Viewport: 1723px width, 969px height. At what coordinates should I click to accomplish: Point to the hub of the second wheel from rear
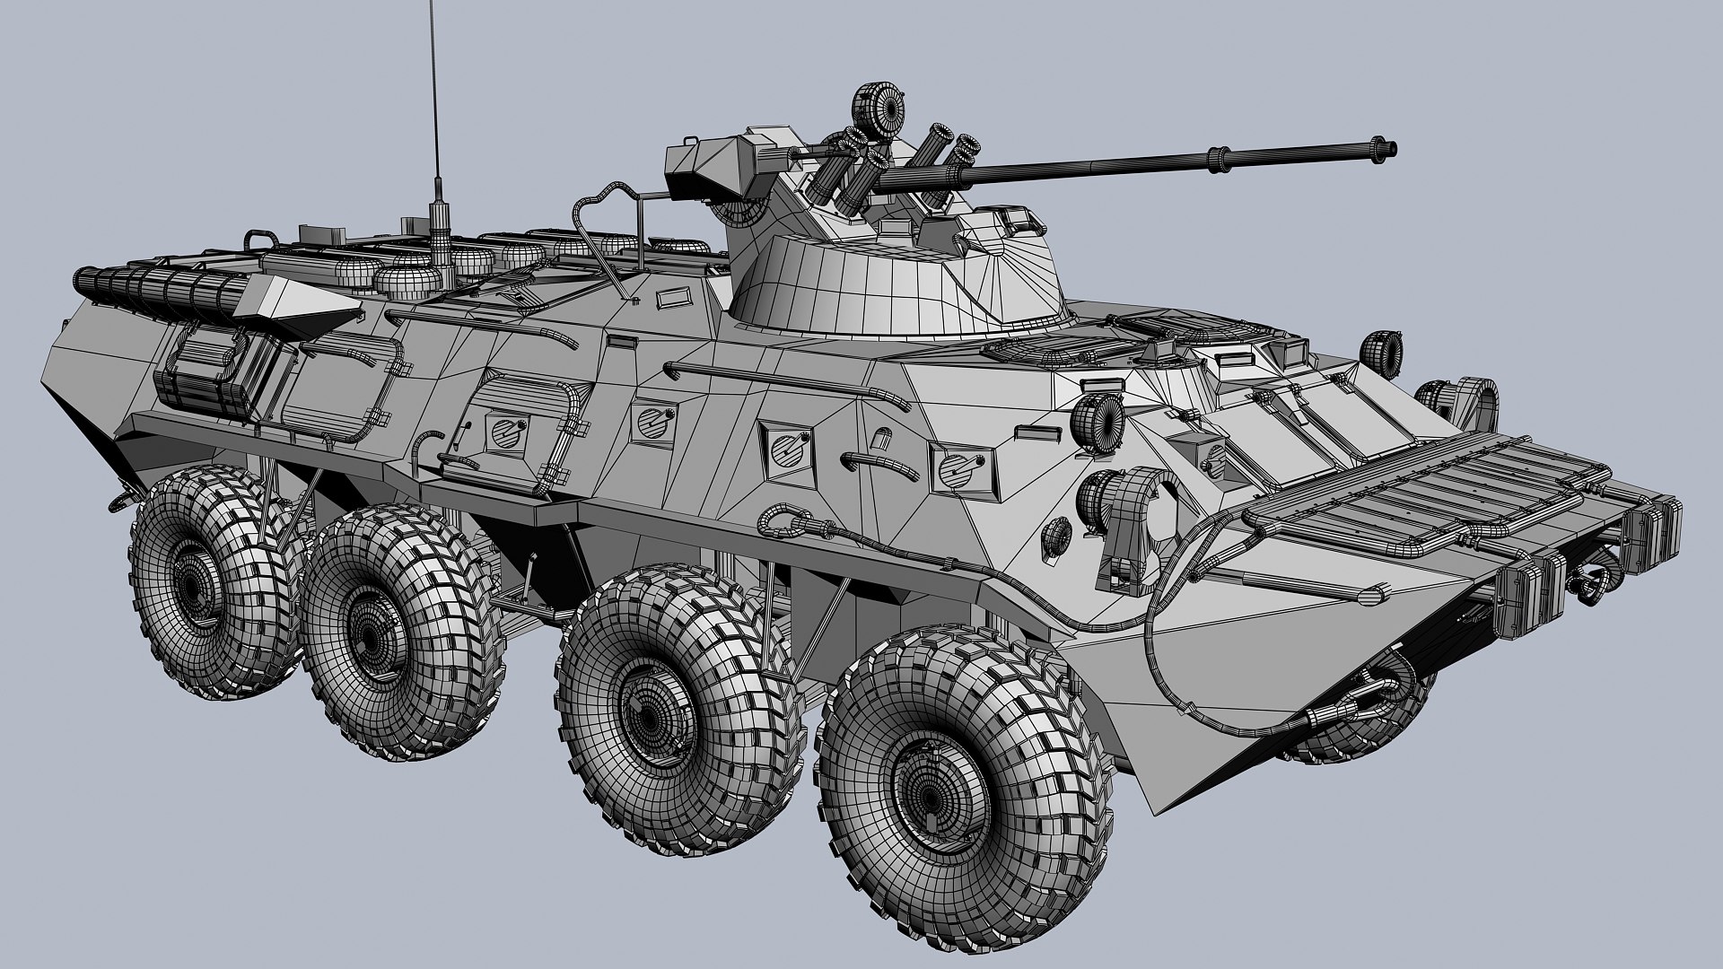pyautogui.click(x=374, y=628)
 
